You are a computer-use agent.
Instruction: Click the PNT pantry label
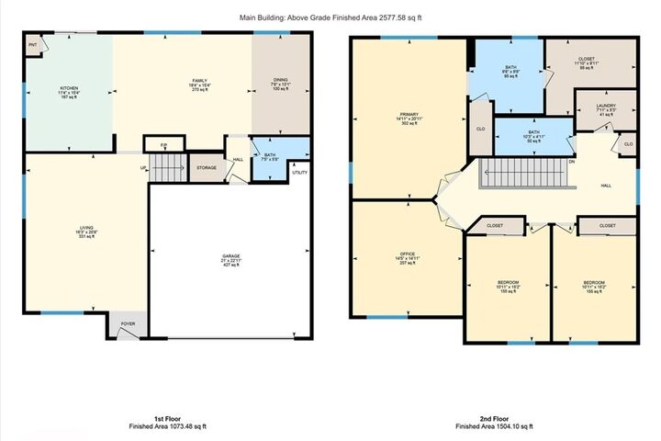[x=31, y=42]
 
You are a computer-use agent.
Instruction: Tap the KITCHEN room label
[x=57, y=89]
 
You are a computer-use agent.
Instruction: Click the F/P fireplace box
[x=163, y=144]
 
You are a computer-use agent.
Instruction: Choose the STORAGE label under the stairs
[x=206, y=167]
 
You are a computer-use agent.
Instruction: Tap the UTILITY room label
[x=299, y=172]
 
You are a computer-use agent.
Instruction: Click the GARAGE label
[x=230, y=256]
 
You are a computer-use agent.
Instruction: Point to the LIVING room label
[x=86, y=228]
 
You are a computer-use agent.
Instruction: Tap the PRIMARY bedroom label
[x=409, y=114]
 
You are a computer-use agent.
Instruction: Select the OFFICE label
[x=408, y=254]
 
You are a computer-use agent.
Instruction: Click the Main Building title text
[x=330, y=17]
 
